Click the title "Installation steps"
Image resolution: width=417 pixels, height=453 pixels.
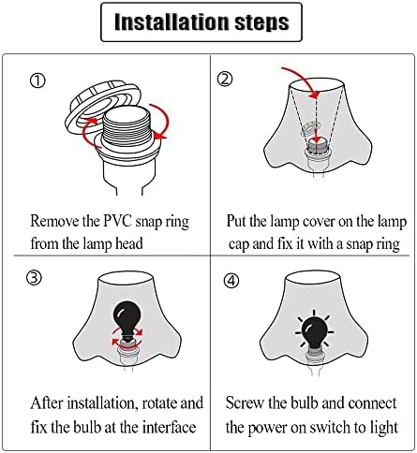(x=201, y=22)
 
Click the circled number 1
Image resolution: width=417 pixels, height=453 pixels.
(x=37, y=80)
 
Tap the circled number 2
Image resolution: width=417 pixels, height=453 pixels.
(x=225, y=79)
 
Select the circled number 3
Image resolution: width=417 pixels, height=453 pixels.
(x=34, y=277)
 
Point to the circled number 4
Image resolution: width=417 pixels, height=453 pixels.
(x=231, y=281)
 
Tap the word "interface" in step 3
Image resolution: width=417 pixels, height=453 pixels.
(x=169, y=427)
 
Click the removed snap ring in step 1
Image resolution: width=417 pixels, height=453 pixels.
(x=100, y=106)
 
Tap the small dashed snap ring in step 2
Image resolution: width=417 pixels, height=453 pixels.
(x=308, y=129)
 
